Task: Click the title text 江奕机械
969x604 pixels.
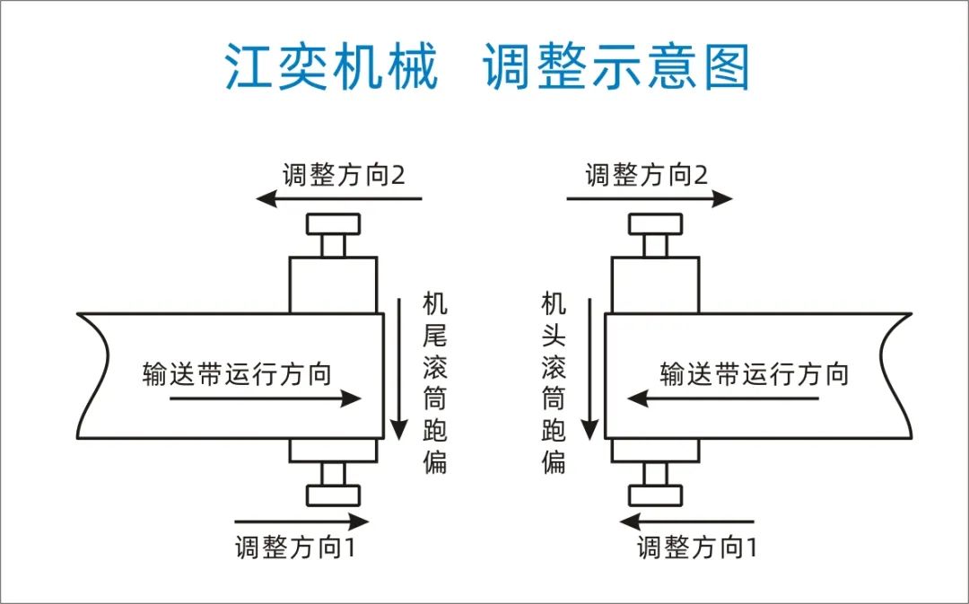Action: click(x=331, y=68)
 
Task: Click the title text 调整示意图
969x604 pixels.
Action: click(x=617, y=68)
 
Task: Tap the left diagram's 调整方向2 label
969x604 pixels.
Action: click(x=344, y=174)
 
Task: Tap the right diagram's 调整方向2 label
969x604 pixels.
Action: click(x=647, y=174)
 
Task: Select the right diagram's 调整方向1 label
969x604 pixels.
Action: click(x=697, y=547)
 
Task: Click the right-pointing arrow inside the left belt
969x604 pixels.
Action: click(x=265, y=399)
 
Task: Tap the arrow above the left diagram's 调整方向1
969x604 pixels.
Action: click(x=301, y=521)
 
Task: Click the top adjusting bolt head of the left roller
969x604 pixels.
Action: click(x=333, y=223)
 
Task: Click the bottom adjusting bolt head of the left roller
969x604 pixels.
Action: click(x=333, y=495)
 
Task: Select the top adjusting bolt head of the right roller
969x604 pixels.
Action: click(x=655, y=223)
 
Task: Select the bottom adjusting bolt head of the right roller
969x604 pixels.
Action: click(x=655, y=495)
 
